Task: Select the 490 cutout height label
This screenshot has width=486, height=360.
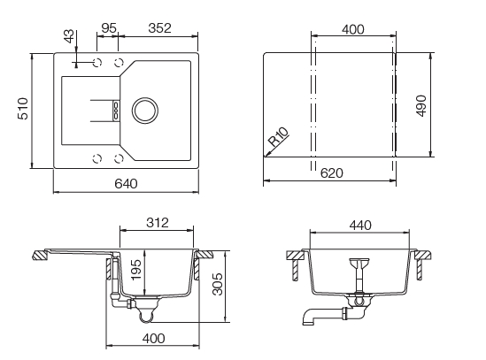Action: [x=422, y=104]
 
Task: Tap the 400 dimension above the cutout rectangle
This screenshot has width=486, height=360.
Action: [x=352, y=29]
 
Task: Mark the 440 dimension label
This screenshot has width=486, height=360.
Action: [x=359, y=225]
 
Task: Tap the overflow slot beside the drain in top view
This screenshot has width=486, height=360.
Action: [x=115, y=110]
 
